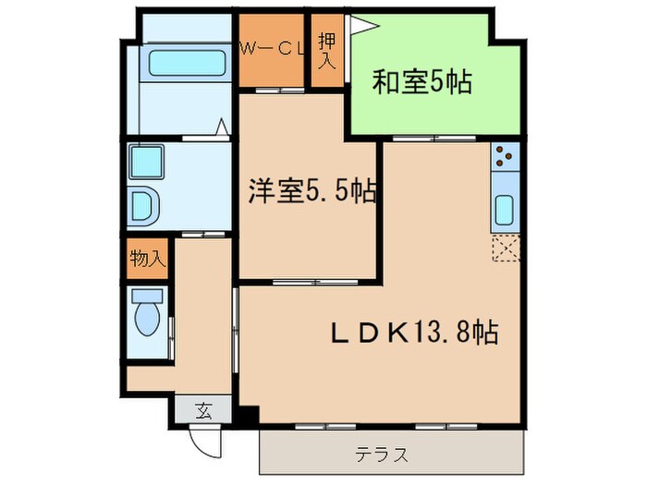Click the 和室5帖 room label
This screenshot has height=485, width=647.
[422, 83]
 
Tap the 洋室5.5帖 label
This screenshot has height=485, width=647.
[311, 191]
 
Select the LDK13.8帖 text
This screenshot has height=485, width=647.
[415, 332]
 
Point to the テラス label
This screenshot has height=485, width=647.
[382, 455]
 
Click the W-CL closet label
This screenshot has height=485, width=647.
[274, 51]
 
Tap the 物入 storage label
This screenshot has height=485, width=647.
[147, 260]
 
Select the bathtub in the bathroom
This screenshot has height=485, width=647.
[189, 64]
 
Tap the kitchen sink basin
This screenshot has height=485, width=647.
[506, 211]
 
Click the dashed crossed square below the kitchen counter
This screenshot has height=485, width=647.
[506, 249]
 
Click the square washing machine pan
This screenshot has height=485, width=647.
[146, 164]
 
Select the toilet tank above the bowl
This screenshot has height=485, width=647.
[147, 297]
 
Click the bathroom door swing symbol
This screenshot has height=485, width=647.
[223, 127]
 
